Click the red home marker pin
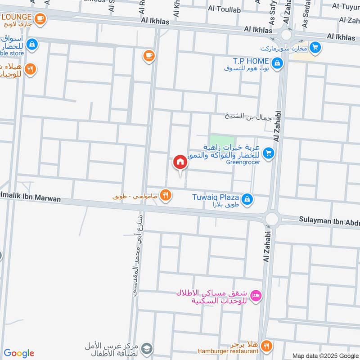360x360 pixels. [180, 162]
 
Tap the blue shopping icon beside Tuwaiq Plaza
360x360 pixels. [247, 198]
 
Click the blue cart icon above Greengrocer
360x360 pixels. [269, 153]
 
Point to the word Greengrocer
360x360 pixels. [243, 162]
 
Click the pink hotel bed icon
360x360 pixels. [256, 296]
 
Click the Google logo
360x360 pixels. [19, 353]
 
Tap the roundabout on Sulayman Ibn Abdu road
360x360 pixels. [271, 219]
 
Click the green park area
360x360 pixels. [222, 140]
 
